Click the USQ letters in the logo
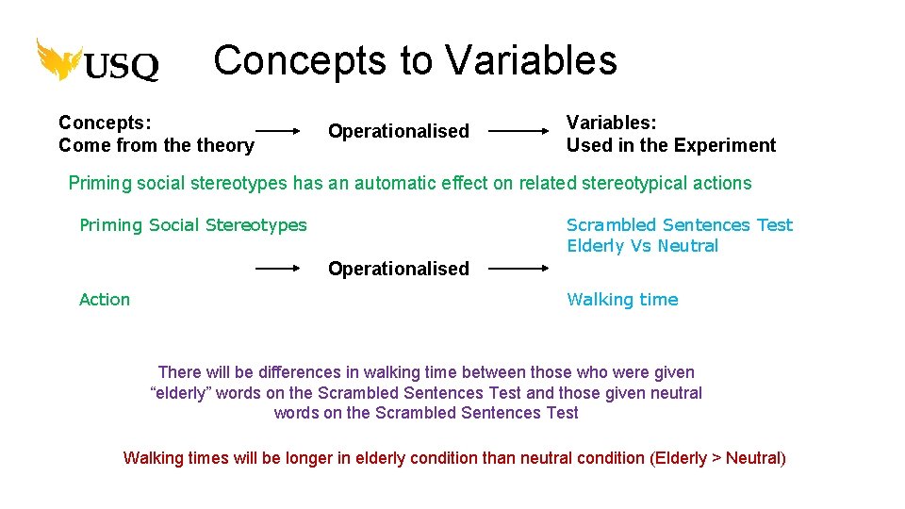[122, 66]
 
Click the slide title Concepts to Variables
[415, 60]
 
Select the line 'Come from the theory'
[156, 145]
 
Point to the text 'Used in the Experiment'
[670, 145]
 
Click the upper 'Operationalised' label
[398, 131]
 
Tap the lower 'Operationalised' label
[398, 269]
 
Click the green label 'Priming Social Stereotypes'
[192, 225]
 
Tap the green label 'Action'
[105, 300]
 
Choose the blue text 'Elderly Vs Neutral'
[642, 246]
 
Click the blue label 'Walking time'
[622, 300]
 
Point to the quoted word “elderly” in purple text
[180, 393]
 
